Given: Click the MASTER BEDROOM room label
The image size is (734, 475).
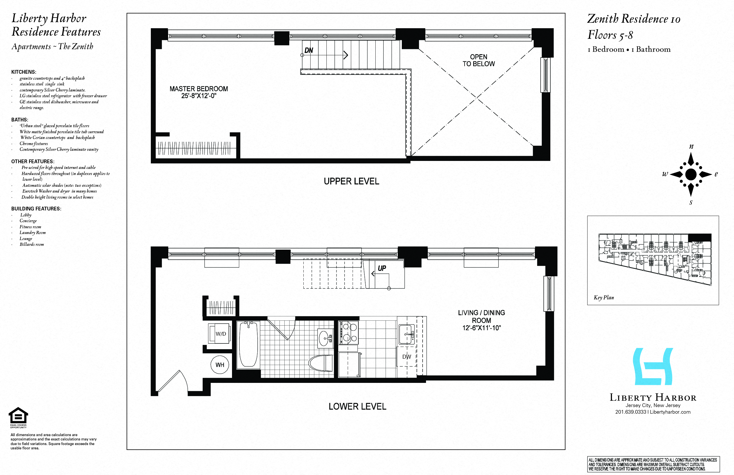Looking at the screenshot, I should (199, 92).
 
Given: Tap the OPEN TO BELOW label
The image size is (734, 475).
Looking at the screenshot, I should (478, 60).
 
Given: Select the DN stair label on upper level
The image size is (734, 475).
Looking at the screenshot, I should (309, 50).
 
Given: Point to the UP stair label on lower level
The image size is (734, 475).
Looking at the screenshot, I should (382, 268).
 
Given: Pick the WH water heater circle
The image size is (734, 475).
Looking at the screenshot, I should (220, 365).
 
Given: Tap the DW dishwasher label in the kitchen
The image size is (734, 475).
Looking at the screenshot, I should (406, 357).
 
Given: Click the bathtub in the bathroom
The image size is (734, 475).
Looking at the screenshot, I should (248, 344).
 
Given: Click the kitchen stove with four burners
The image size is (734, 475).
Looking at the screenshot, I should (349, 332).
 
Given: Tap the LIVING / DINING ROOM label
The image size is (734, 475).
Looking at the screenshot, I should (481, 320).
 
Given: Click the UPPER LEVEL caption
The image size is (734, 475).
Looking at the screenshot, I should (351, 181).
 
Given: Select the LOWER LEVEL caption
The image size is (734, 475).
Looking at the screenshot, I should (357, 406).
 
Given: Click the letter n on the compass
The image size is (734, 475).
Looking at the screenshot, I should (691, 147).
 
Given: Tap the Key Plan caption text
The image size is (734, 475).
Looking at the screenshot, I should (604, 297).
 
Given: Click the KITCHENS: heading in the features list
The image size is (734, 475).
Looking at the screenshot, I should (24, 72).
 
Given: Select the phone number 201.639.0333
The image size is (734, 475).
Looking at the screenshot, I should (630, 412).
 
